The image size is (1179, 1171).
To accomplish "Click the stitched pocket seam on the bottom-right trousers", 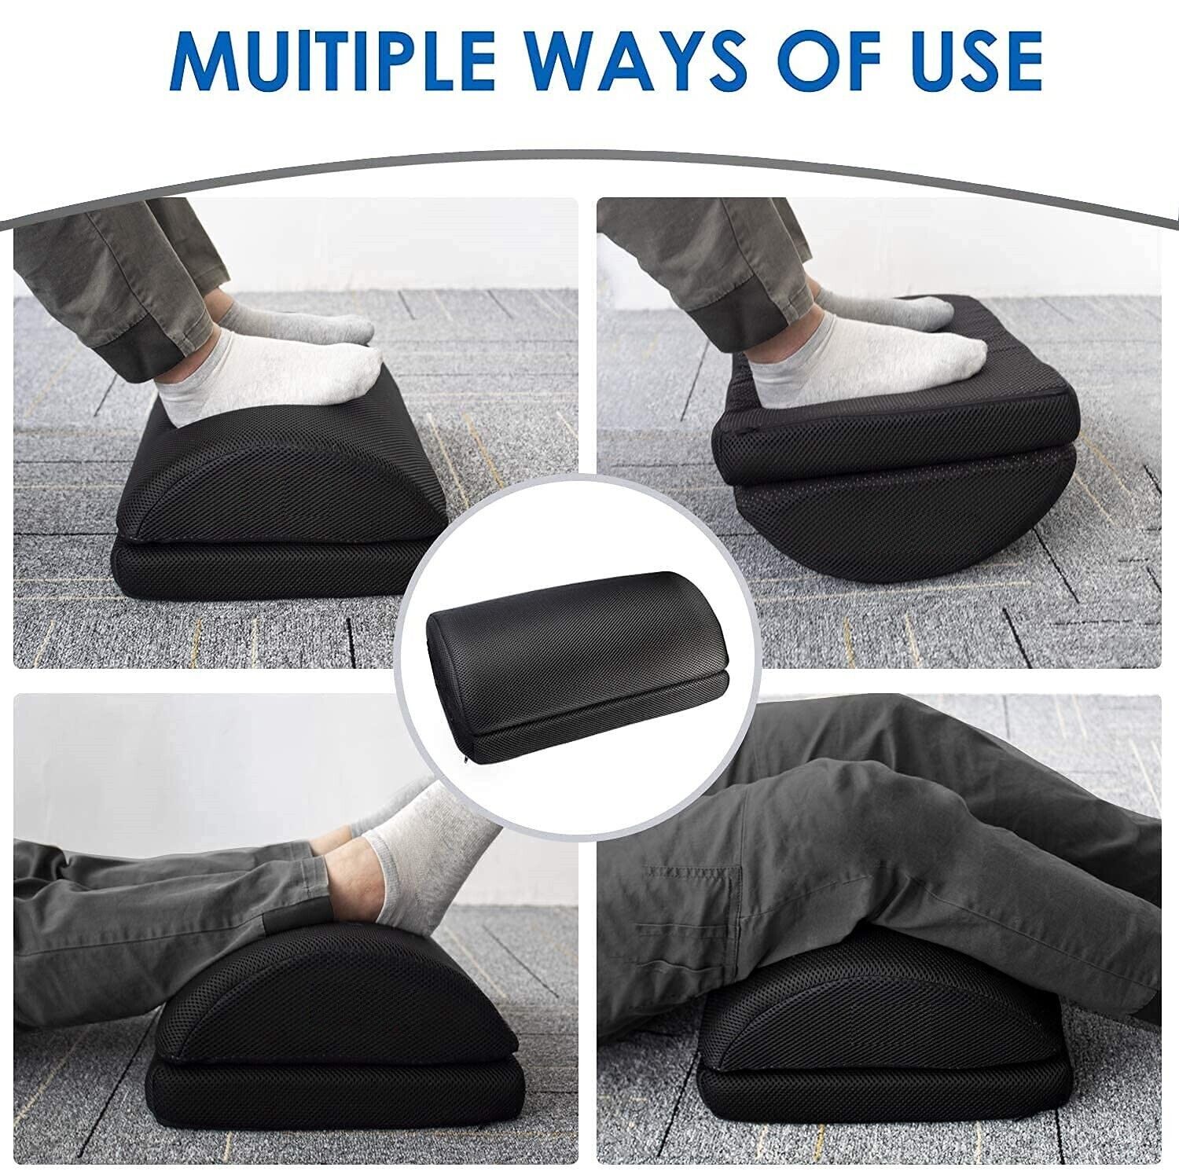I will point(692,872).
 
